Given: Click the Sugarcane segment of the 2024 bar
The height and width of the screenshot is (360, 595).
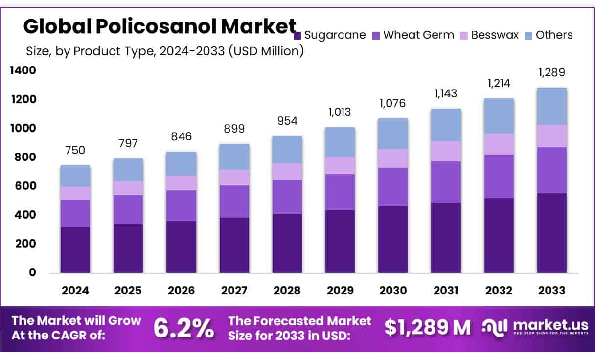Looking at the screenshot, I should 75,249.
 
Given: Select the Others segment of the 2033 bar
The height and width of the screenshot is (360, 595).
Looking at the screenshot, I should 551,106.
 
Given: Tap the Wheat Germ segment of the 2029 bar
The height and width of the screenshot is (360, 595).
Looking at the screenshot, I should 340,192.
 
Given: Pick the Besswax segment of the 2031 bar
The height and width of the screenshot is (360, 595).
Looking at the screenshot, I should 446,151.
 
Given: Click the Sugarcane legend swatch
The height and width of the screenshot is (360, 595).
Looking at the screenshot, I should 297,35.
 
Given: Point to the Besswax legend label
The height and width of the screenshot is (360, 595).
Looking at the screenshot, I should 495,35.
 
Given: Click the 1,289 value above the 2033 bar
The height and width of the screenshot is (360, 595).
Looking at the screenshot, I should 551,72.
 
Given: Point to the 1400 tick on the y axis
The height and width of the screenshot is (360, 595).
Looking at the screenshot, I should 23,70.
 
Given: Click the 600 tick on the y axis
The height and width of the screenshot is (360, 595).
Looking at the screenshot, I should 26,186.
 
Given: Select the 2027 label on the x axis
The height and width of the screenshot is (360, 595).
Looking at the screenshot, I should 234,290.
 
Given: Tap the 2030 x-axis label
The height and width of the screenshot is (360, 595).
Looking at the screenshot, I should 393,290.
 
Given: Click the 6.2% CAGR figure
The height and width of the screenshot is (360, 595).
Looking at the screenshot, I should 183,328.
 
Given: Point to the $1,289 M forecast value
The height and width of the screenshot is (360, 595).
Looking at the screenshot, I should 427,328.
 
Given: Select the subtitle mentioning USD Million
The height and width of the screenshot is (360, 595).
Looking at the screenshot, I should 164,50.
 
